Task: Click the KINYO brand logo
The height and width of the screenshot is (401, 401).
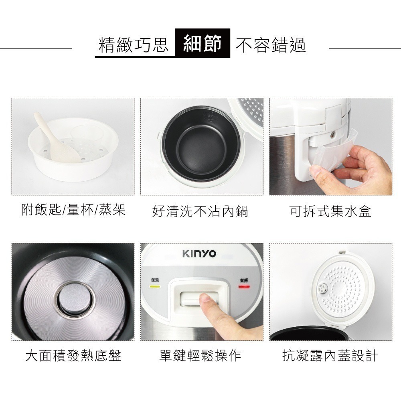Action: click(x=199, y=254)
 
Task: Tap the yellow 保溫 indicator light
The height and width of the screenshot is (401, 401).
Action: click(x=154, y=287)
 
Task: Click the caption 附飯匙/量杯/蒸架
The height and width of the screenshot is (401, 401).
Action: click(x=73, y=210)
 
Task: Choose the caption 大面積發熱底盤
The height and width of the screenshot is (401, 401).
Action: click(x=73, y=355)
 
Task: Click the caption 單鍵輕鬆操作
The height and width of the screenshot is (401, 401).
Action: click(x=200, y=355)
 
